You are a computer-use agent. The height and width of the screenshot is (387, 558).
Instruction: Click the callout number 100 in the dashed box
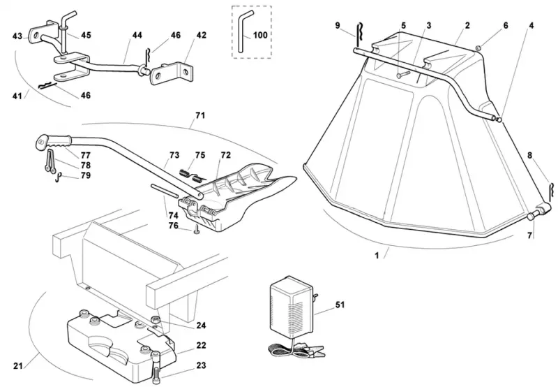260,35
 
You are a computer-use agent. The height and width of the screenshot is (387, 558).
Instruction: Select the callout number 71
200,115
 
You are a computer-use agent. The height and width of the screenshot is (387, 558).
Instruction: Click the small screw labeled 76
196,231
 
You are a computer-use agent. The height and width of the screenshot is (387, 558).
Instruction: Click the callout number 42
202,35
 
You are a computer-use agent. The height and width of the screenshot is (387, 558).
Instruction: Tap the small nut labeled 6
478,48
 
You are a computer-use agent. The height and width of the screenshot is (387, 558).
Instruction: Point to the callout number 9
338,25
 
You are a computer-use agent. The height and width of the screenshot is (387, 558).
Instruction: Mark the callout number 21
18,365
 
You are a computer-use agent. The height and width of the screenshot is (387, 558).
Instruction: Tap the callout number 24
201,325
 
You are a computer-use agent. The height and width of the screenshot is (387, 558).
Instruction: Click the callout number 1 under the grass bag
377,255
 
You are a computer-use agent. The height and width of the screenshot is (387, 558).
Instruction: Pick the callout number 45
86,35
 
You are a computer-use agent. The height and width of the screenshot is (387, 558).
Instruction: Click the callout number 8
530,155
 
